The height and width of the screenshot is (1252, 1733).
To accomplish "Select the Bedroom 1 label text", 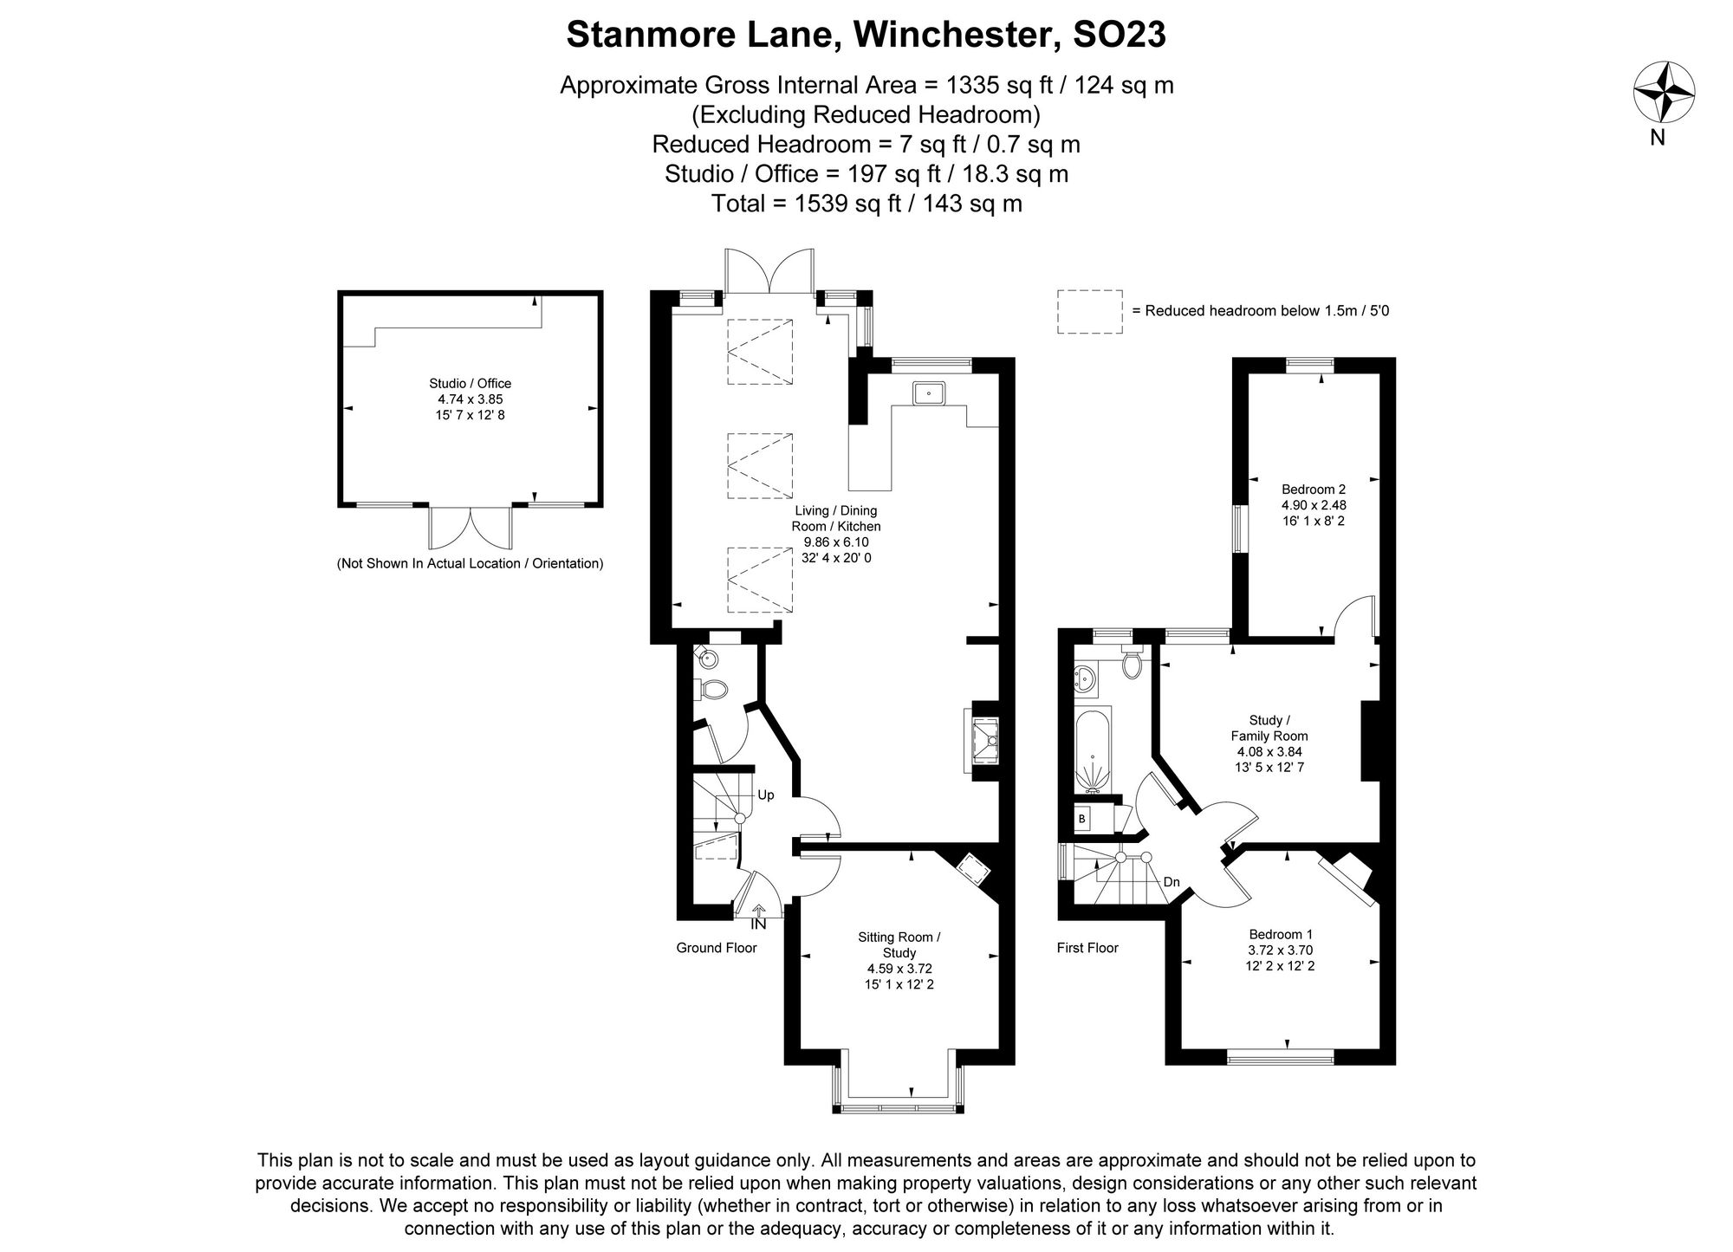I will click(x=1281, y=934).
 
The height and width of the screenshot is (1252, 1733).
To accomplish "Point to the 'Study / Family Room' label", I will click(x=1269, y=728).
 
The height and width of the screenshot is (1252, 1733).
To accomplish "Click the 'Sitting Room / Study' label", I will click(x=899, y=944).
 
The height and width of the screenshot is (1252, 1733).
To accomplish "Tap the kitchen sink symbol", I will click(x=928, y=393).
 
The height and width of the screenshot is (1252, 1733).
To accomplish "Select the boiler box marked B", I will click(x=1081, y=818).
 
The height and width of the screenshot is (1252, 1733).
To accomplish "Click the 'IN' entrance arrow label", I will click(x=758, y=924).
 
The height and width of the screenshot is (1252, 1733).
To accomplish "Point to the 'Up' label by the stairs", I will click(x=766, y=795).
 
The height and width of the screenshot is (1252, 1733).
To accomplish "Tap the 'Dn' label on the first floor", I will click(x=1172, y=882).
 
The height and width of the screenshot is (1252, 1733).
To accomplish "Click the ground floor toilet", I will click(x=713, y=690).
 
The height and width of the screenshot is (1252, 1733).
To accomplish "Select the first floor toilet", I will click(x=1131, y=665).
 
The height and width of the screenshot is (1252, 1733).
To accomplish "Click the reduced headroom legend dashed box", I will click(x=1089, y=311).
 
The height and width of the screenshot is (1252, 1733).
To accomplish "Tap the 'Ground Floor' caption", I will click(x=716, y=948).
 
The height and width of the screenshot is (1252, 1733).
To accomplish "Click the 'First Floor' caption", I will click(x=1087, y=948).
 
